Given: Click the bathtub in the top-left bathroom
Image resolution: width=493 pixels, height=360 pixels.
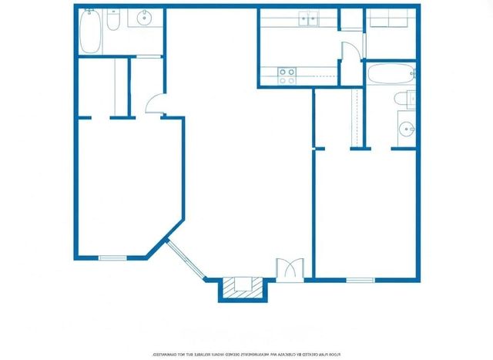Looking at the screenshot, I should click(89, 31).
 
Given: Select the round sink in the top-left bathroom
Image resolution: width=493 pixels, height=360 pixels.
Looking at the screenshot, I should click(144, 19).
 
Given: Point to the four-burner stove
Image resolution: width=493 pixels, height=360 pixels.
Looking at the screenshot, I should click(287, 76).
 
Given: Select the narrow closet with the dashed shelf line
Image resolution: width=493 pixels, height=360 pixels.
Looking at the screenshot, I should click(357, 116).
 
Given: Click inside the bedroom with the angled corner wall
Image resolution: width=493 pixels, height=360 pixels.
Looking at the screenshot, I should click(123, 185).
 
